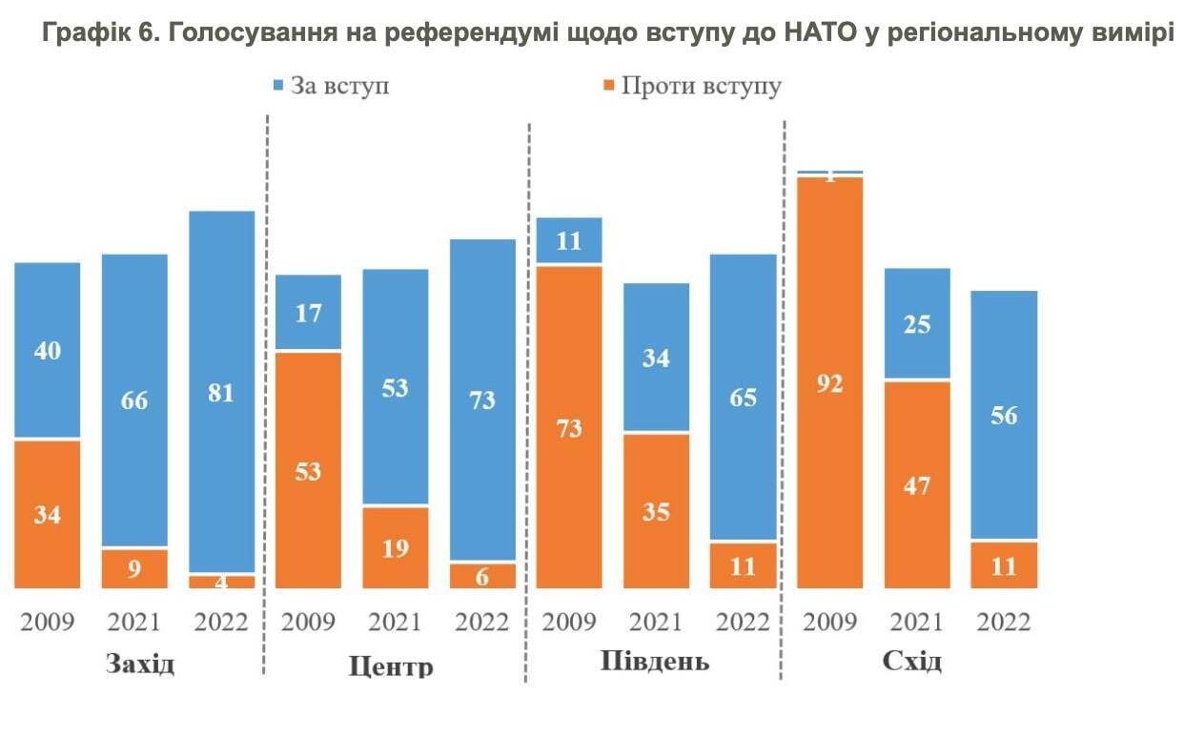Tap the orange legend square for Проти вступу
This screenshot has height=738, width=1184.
tap(607, 86)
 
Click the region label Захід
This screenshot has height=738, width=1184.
tap(140, 663)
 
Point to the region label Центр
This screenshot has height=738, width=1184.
tap(392, 665)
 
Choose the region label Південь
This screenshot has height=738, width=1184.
tap(655, 661)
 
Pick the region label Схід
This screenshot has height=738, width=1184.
tap(912, 661)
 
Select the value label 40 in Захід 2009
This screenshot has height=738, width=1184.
tap(48, 351)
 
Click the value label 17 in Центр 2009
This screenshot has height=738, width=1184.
tap(308, 313)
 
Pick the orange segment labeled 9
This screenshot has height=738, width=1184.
tap(134, 568)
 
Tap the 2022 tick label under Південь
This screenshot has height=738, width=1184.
tap(742, 623)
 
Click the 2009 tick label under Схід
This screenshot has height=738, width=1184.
tap(830, 623)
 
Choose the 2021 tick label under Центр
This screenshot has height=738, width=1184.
tap(395, 623)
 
